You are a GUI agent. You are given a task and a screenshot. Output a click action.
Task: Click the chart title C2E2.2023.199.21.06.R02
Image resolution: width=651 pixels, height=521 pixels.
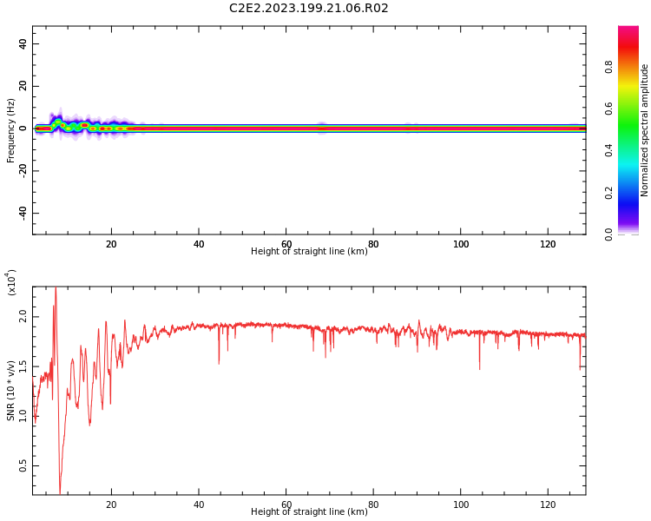308,8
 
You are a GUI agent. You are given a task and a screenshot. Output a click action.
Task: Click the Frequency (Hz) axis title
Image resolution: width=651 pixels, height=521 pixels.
10,130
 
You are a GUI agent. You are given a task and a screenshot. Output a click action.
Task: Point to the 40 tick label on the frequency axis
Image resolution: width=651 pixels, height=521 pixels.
23,43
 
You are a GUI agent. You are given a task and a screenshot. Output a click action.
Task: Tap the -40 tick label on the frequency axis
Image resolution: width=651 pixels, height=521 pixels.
23,213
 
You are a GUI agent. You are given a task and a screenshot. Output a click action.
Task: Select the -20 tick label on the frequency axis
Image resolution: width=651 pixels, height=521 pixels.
23,171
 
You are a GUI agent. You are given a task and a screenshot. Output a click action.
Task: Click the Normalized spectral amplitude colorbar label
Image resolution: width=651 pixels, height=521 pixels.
644,130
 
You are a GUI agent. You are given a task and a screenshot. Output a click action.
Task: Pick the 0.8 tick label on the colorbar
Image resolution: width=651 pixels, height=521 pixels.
608,67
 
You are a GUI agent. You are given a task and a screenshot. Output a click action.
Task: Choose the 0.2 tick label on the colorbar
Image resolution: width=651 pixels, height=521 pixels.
608,193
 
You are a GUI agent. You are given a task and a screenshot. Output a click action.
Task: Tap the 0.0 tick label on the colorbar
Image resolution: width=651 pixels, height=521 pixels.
608,234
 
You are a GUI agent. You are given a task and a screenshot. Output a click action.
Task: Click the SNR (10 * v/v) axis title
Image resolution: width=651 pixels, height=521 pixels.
10,391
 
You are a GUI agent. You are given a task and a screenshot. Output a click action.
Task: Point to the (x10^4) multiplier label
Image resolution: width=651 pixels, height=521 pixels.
11,282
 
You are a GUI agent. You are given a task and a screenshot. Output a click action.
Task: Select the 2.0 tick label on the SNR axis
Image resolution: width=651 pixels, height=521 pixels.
23,317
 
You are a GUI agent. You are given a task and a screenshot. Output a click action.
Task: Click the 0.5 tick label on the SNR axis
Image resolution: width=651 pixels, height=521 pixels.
23,465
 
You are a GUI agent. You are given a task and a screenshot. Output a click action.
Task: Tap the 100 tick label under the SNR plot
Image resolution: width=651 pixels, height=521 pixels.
461,505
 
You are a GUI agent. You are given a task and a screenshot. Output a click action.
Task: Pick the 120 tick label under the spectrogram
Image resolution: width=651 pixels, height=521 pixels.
548,244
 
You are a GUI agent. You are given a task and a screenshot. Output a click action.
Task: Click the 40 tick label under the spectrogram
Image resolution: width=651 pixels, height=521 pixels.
199,244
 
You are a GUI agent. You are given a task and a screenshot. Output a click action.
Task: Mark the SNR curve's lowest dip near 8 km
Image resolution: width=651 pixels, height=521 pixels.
60,493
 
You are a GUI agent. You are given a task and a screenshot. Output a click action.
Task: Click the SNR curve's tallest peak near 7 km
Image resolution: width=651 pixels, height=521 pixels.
56,287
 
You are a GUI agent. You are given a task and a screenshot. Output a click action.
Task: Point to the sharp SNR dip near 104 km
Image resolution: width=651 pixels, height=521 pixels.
479,369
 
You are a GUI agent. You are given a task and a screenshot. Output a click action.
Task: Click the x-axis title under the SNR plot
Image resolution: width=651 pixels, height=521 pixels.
309,511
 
